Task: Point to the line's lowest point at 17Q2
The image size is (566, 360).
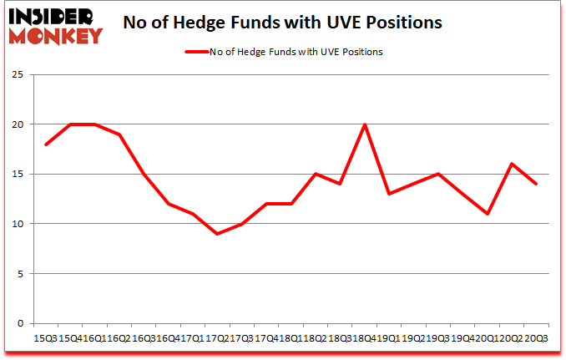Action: pyautogui.click(x=217, y=234)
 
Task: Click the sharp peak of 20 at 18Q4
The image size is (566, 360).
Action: pyautogui.click(x=364, y=124)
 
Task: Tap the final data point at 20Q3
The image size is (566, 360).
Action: pyautogui.click(x=535, y=184)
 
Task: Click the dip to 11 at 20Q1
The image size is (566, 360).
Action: pyautogui.click(x=487, y=214)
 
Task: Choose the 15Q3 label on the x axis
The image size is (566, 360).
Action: pyautogui.click(x=45, y=337)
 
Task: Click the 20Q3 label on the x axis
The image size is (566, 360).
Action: pyautogui.click(x=535, y=337)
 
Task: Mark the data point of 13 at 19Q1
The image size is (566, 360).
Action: pyautogui.click(x=388, y=194)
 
